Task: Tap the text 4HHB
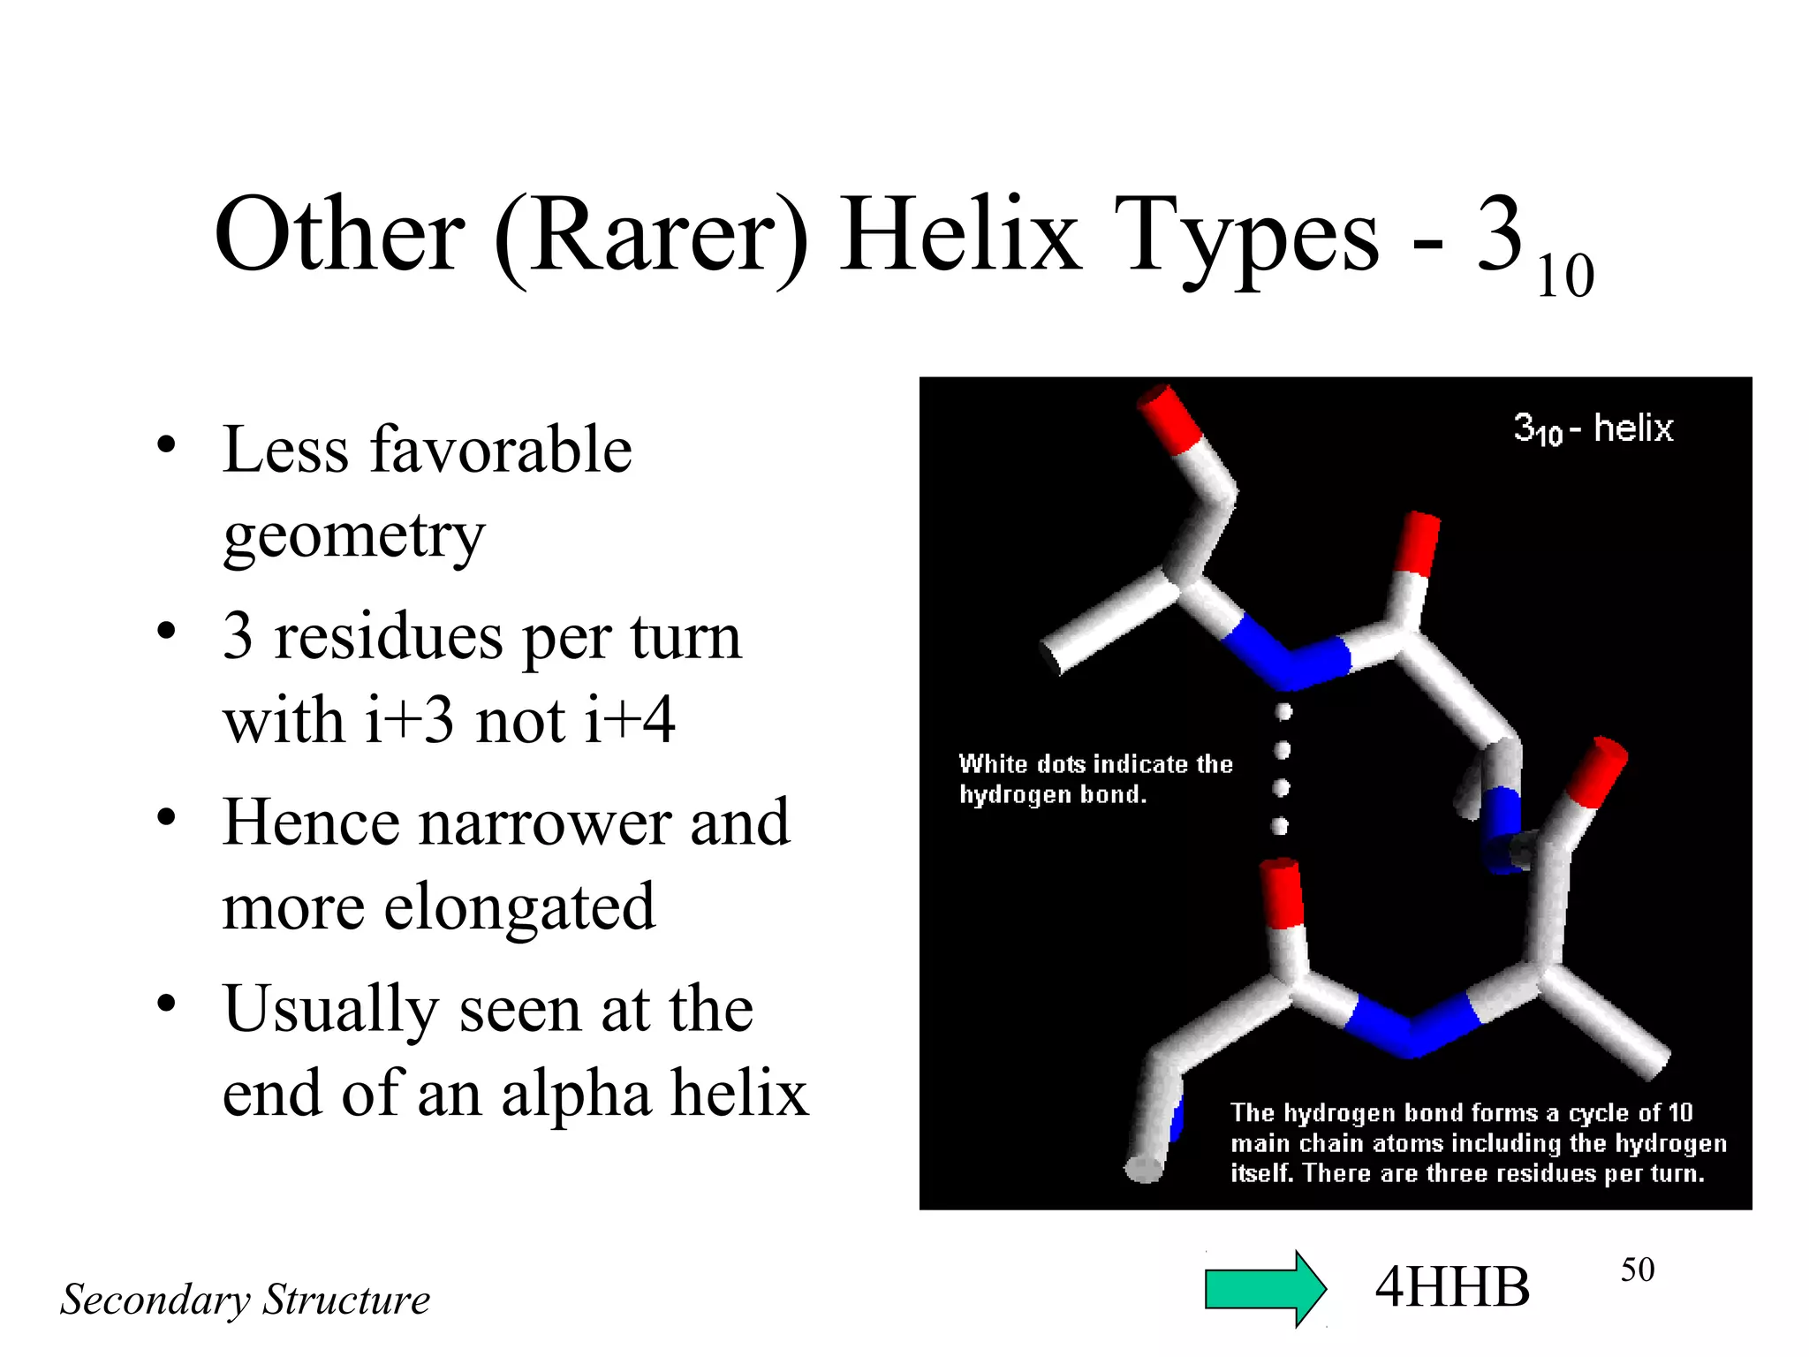[x=1452, y=1287]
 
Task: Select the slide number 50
[x=1637, y=1270]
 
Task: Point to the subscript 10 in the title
[x=1565, y=277]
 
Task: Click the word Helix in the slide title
[x=961, y=235]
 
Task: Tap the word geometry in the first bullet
[x=353, y=535]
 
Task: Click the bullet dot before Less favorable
[x=166, y=444]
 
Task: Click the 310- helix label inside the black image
[x=1593, y=429]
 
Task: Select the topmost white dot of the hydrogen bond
[x=1284, y=711]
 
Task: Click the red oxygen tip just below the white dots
[x=1282, y=892]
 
